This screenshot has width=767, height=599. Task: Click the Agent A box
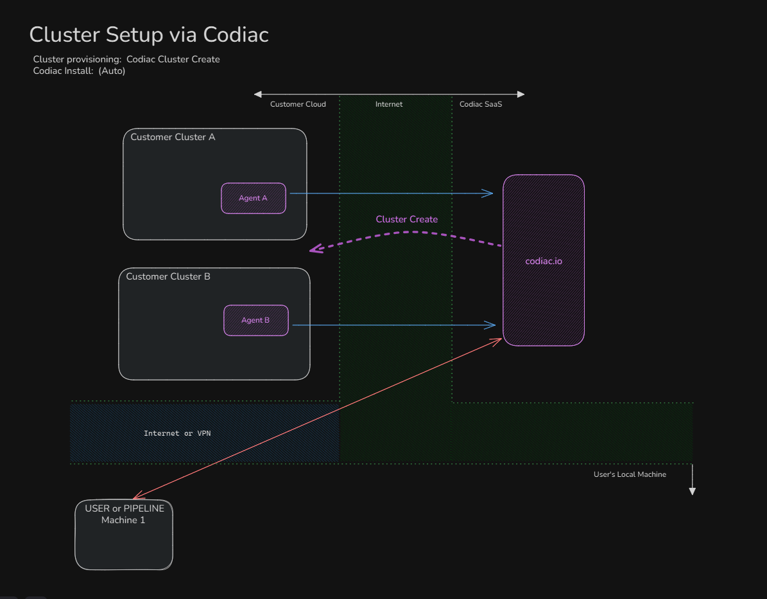click(254, 198)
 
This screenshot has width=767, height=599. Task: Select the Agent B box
click(255, 320)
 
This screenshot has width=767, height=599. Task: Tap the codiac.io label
click(544, 262)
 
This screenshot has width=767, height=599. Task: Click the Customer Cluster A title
click(173, 137)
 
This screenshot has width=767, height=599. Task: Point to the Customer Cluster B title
click(168, 276)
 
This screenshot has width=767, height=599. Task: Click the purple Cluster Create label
click(406, 219)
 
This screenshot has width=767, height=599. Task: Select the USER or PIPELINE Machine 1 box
click(124, 535)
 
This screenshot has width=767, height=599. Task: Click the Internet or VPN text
click(177, 433)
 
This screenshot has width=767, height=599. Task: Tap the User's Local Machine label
click(630, 474)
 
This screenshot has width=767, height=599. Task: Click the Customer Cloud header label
click(298, 104)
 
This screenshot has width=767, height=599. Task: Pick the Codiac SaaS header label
click(481, 104)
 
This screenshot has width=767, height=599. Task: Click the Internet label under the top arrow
click(389, 104)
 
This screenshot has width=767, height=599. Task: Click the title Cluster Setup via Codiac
click(149, 35)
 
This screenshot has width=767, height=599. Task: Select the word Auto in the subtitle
click(112, 71)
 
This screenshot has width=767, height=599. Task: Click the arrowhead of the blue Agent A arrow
click(490, 193)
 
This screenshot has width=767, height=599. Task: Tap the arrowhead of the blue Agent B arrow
click(492, 325)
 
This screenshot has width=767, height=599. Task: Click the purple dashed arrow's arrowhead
click(313, 250)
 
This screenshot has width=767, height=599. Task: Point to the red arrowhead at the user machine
click(135, 497)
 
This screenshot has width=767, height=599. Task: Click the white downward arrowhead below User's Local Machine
click(692, 491)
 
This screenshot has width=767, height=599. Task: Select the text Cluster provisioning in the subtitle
click(76, 59)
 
